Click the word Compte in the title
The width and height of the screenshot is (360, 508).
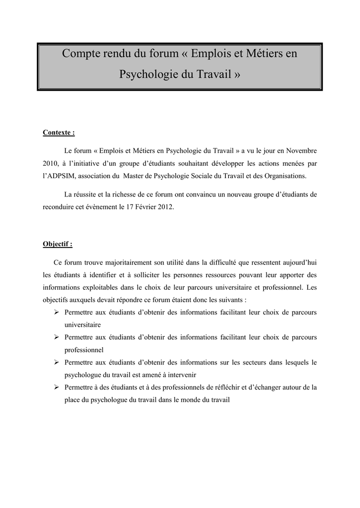(x=81, y=54)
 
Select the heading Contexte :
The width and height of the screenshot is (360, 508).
(x=59, y=133)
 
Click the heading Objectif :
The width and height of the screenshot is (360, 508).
(x=58, y=244)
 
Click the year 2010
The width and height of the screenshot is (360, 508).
(x=50, y=163)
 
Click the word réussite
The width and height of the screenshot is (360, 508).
(x=87, y=194)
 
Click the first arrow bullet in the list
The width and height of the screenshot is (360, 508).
(x=57, y=312)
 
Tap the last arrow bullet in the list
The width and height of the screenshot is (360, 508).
(x=57, y=386)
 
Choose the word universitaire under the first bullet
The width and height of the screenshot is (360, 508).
(x=82, y=325)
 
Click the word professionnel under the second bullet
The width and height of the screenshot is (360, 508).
(x=84, y=350)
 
